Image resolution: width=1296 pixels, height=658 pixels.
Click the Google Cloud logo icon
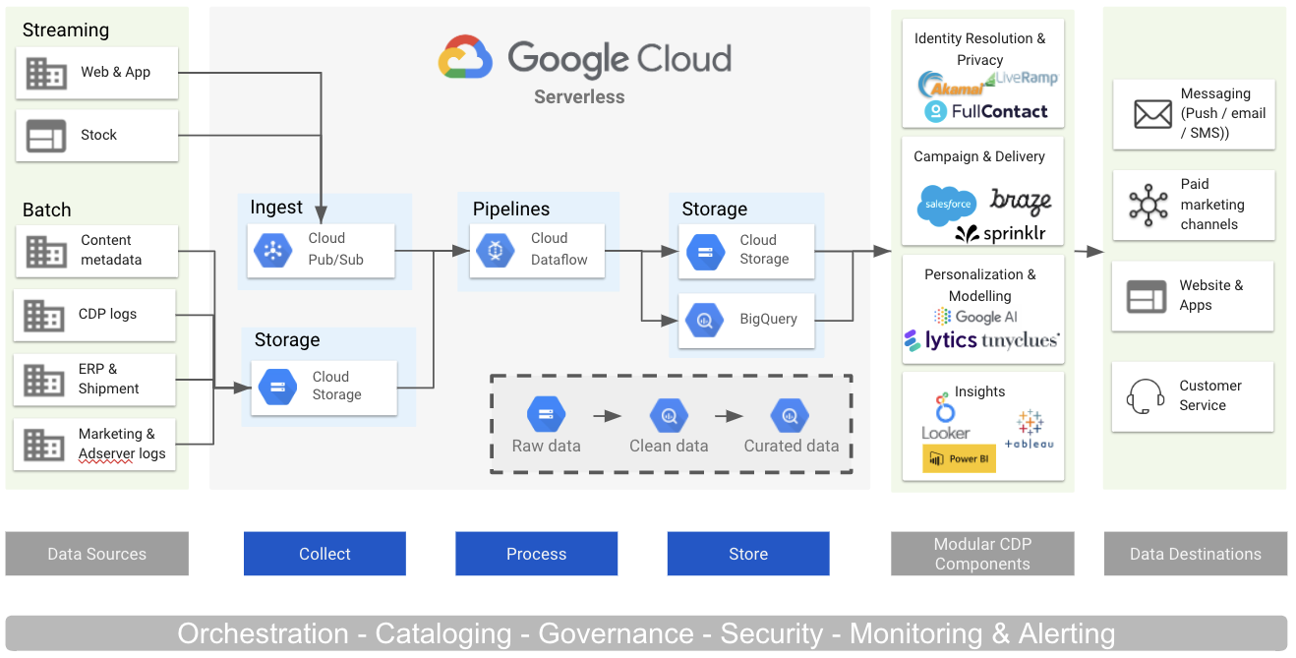465,58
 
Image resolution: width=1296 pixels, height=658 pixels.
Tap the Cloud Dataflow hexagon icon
496,250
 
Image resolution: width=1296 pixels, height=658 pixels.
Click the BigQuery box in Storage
746,320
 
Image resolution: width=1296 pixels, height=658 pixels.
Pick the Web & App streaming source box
96,72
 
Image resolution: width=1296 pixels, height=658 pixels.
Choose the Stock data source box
96,135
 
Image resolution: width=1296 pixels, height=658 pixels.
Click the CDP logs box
94,315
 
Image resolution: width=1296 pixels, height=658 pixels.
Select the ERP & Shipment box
94,379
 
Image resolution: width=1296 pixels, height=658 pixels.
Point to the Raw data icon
546,415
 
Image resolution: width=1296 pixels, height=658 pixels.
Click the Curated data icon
790,415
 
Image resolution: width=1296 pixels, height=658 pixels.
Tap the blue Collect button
324,554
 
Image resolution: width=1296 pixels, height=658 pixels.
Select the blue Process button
536,554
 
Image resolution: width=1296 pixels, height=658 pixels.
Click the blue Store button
748,554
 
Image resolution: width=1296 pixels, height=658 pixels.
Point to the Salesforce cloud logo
946,206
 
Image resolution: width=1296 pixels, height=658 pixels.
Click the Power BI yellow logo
959,458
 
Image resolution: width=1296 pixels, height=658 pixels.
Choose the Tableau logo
1030,430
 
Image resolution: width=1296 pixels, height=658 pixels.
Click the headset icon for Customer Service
1145,397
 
